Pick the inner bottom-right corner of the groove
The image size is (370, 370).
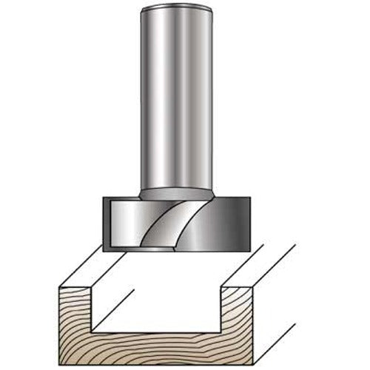(x=245, y=330)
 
